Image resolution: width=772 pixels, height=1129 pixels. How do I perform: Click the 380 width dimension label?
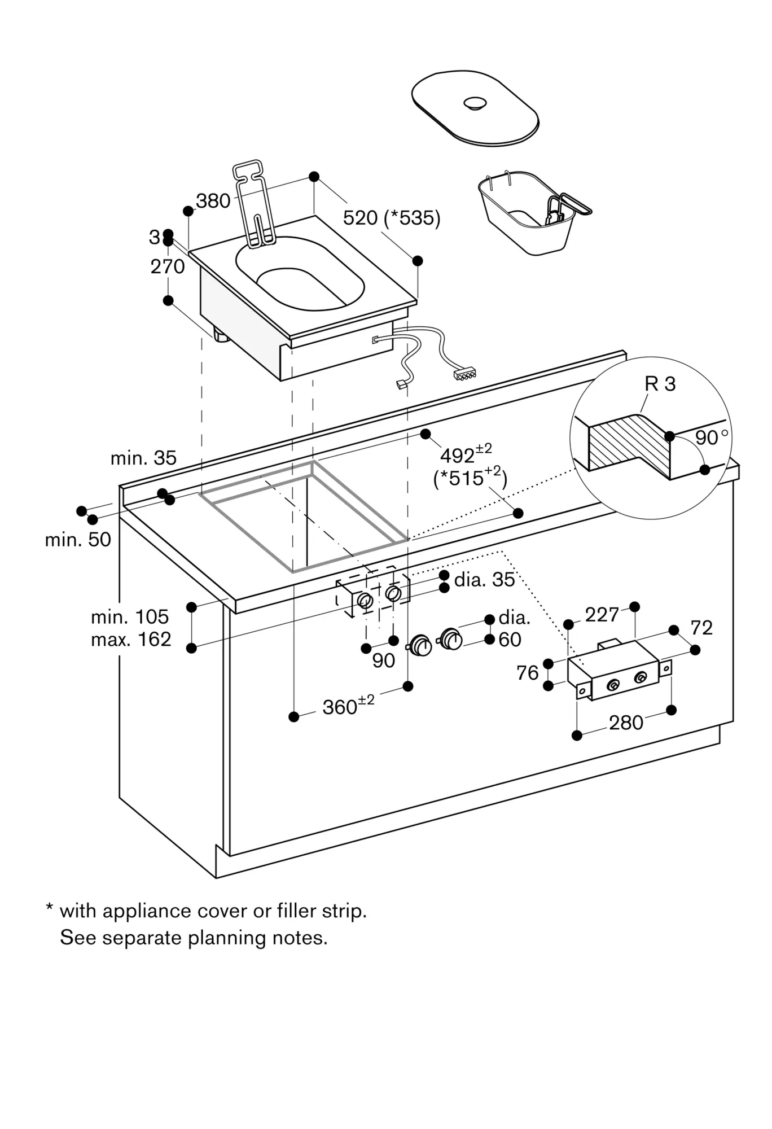coord(213,200)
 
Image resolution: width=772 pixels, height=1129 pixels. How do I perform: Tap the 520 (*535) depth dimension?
coord(391,217)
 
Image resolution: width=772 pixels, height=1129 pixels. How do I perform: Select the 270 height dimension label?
coord(168,266)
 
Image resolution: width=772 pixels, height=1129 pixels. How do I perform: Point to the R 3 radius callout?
coord(660,384)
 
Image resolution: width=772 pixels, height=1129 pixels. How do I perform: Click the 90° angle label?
coord(710,437)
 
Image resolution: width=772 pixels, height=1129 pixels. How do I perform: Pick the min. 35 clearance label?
coord(143,458)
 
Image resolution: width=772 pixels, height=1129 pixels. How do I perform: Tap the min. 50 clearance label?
coord(78,540)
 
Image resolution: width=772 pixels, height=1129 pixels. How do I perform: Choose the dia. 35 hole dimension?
coord(484,580)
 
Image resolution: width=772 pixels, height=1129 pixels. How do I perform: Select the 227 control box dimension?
coord(602,614)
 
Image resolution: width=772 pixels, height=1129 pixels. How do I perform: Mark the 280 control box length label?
coord(626,723)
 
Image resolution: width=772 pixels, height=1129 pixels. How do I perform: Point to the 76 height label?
coord(528,673)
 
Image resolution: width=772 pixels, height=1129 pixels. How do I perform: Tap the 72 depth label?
coord(701,628)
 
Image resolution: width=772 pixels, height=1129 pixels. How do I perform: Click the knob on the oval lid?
coord(475,103)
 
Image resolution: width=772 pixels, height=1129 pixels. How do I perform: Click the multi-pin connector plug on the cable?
coord(466,374)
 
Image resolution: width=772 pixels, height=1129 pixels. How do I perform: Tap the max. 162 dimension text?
coord(131,639)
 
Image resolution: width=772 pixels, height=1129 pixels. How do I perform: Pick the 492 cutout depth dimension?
coord(465,454)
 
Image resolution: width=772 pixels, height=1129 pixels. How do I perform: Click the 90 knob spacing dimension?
coord(383,660)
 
